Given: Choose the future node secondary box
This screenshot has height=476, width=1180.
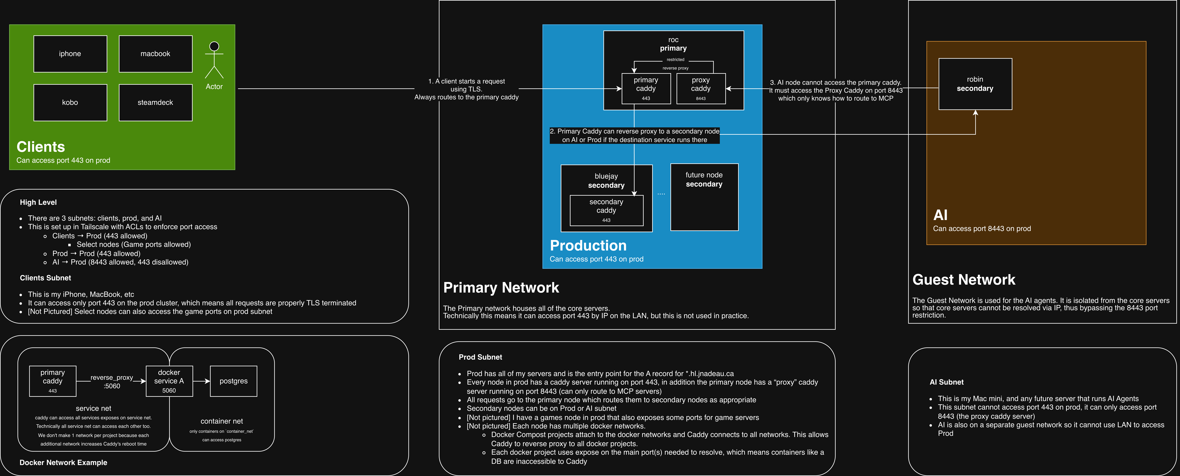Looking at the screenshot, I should click(704, 197).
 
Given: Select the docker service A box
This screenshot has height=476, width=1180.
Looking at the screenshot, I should click(169, 381).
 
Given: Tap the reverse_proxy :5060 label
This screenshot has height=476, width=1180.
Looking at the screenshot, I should click(112, 382).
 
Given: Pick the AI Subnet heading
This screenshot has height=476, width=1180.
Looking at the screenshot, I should click(946, 382).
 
